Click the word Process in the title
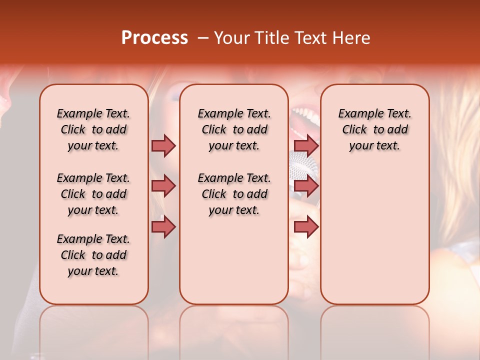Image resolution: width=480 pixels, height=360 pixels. [x=154, y=38]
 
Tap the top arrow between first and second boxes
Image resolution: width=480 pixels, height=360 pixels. [x=163, y=145]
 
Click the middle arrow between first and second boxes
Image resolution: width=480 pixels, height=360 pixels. [x=163, y=186]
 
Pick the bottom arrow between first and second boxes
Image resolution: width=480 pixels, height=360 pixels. [x=163, y=226]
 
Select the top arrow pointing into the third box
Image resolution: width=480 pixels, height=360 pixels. [x=306, y=145]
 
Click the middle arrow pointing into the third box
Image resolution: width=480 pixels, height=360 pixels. [x=306, y=186]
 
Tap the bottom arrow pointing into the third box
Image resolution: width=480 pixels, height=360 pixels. [x=306, y=226]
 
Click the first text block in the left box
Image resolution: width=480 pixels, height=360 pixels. [x=93, y=129]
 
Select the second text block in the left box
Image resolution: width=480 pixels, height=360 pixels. [x=93, y=194]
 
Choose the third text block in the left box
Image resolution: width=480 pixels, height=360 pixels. [x=93, y=255]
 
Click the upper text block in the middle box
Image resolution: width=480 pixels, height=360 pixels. [x=234, y=129]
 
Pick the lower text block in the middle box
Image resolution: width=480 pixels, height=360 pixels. [x=234, y=194]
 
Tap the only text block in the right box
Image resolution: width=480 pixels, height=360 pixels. [x=374, y=129]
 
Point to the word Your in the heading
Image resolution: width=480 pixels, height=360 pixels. [x=232, y=38]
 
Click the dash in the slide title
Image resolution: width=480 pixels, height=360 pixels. [x=203, y=38]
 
